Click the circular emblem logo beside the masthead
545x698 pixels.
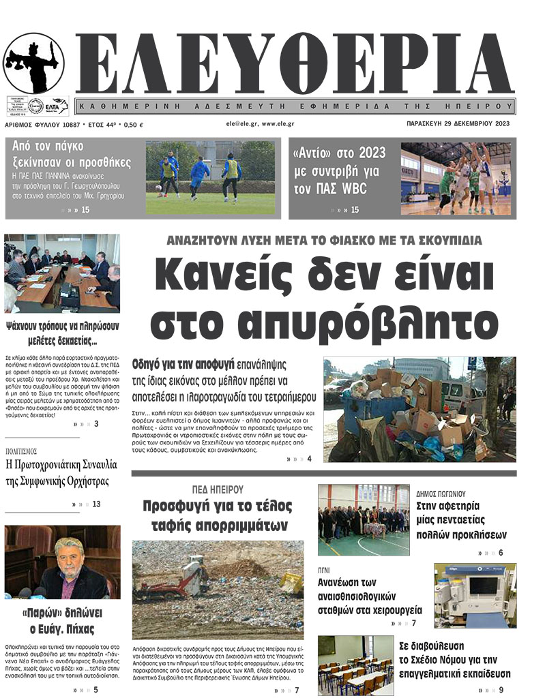(x=34, y=63)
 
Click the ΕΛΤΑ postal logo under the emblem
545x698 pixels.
(x=55, y=106)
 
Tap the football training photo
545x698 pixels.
(x=210, y=177)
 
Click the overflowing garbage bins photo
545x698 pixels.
(x=419, y=410)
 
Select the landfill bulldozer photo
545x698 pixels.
(x=218, y=589)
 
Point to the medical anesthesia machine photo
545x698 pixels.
(x=475, y=594)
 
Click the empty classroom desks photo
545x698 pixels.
(x=355, y=665)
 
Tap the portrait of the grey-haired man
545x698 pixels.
(x=62, y=562)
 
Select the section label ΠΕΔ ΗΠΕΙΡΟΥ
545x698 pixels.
(x=218, y=489)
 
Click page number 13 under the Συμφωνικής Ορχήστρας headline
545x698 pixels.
(x=96, y=504)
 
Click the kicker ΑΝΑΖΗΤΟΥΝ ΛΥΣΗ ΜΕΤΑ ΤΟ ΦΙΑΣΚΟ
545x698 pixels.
(x=324, y=240)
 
